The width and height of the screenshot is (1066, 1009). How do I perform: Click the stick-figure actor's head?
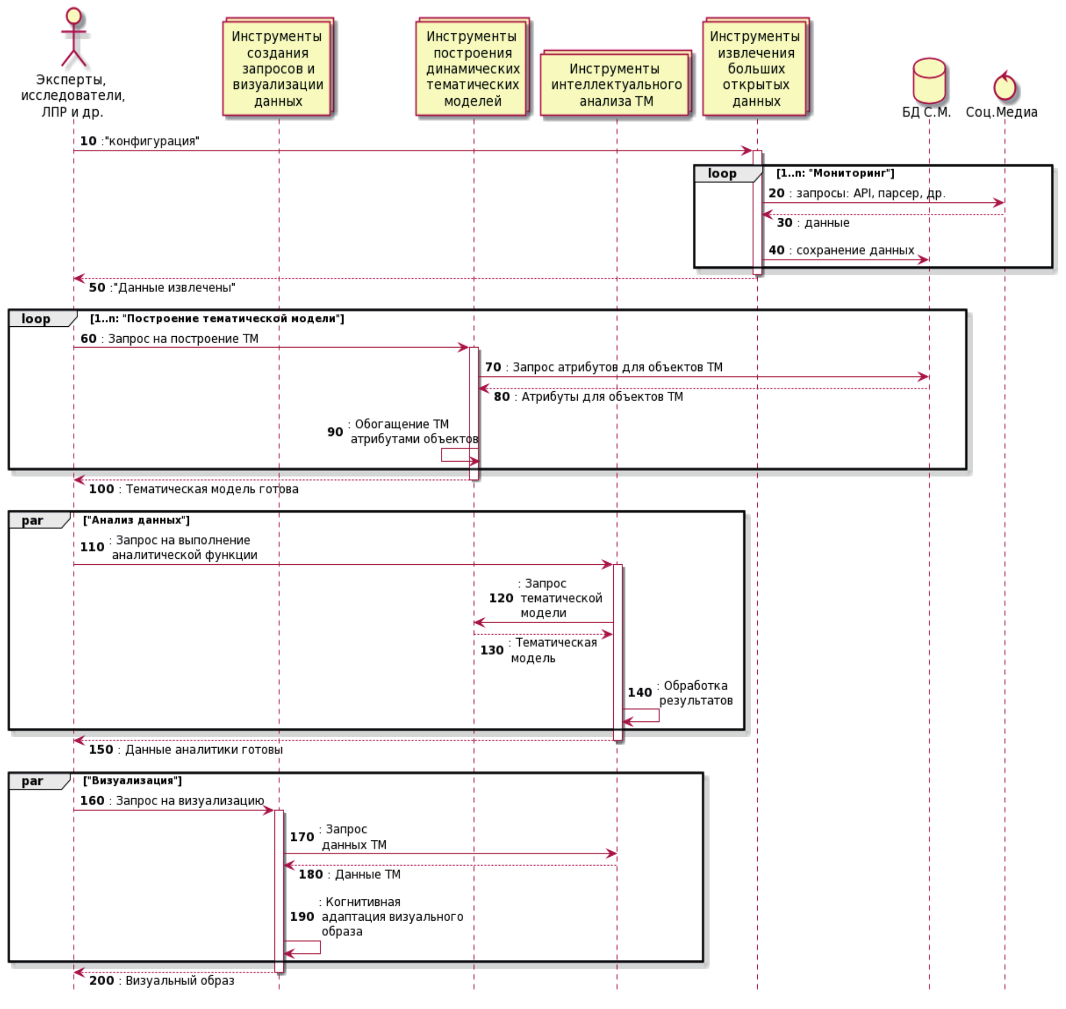(x=74, y=16)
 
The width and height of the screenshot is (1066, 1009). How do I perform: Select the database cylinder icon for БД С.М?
(x=929, y=81)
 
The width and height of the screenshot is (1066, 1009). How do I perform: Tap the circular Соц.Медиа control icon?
(x=1004, y=87)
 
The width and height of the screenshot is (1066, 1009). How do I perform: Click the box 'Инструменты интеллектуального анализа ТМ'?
(x=616, y=84)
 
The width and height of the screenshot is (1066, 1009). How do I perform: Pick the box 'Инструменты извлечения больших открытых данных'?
(x=756, y=68)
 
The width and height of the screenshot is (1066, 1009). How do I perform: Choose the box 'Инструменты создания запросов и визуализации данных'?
(x=277, y=68)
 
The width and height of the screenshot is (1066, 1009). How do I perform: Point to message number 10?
(x=88, y=141)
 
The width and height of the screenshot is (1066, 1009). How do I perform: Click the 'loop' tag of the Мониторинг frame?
(x=721, y=174)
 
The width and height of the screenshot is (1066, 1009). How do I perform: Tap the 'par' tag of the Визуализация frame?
(x=32, y=781)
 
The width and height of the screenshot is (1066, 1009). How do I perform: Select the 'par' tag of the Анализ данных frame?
(x=32, y=521)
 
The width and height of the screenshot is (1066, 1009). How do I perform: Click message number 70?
(x=493, y=367)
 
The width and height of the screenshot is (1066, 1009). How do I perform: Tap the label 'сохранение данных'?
(x=855, y=250)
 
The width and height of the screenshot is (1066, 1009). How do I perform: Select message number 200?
(x=101, y=981)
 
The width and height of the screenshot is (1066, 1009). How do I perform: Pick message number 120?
(x=501, y=598)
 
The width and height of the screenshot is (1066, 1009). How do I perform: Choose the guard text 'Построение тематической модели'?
(x=217, y=319)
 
